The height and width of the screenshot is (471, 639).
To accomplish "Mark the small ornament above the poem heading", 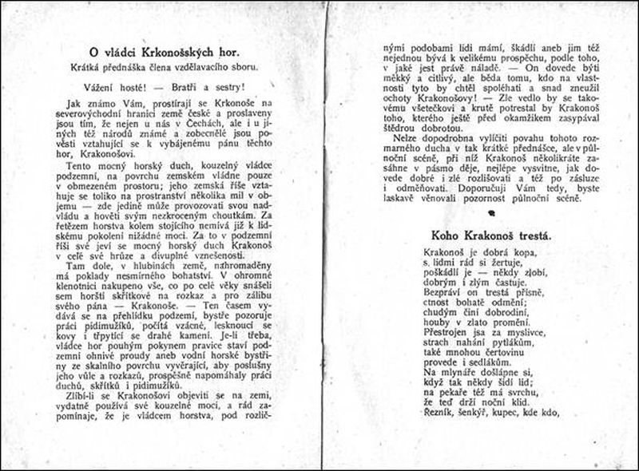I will coord(478,212).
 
